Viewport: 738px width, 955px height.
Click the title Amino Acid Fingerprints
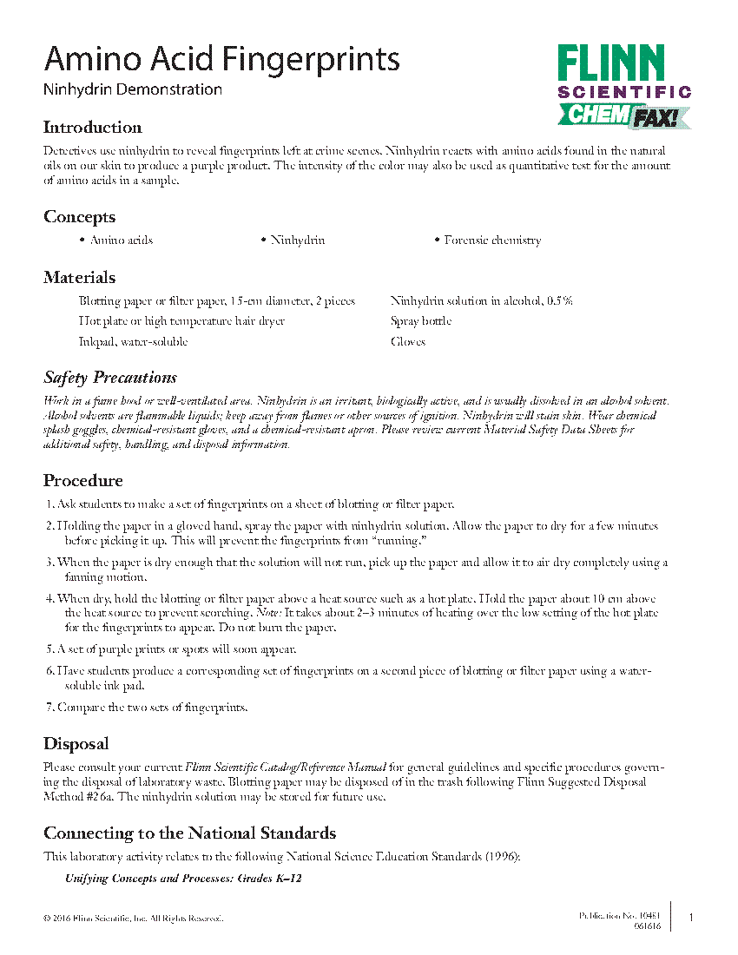coord(221,59)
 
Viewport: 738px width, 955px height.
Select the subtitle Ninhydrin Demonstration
coord(132,89)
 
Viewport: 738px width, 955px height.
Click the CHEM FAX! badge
coord(623,115)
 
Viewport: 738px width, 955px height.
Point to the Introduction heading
coord(92,128)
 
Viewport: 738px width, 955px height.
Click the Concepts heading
coord(79,217)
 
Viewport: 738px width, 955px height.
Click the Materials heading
coord(79,278)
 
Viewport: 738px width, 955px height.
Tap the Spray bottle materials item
coord(420,321)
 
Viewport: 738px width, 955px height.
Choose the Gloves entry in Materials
coord(408,342)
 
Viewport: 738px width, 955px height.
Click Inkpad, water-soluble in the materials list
coord(133,342)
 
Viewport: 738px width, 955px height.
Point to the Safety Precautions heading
coord(110,378)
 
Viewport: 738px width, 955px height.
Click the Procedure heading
coord(83,481)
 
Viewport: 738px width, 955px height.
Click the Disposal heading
coord(76,744)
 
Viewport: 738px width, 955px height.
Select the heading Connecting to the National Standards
coord(189,833)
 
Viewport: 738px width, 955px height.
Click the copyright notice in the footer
coord(133,919)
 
